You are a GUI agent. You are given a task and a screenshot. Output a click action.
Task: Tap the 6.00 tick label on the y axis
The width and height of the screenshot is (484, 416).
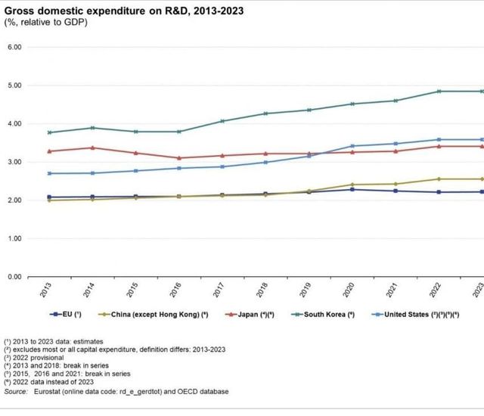pyautogui.click(x=14, y=47)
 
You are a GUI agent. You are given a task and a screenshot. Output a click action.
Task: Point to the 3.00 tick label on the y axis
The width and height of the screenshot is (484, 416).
pyautogui.click(x=14, y=162)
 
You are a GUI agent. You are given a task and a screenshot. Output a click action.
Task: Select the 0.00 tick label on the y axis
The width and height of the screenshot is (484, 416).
pyautogui.click(x=14, y=277)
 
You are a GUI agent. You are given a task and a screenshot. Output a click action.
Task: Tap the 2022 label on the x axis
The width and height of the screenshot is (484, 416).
pyautogui.click(x=439, y=291)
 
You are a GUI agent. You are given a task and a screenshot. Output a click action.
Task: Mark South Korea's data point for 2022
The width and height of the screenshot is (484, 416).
pyautogui.click(x=439, y=92)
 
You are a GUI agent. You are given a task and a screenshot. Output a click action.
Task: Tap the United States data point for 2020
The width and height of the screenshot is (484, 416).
pyautogui.click(x=352, y=146)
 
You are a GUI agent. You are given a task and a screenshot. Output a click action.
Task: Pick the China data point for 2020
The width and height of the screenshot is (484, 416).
pyautogui.click(x=352, y=185)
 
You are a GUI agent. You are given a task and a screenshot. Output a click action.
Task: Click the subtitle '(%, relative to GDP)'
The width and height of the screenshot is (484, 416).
pyautogui.click(x=47, y=22)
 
